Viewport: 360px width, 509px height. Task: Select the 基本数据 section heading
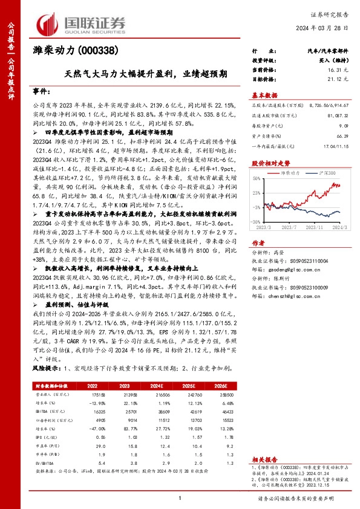[x=265, y=95]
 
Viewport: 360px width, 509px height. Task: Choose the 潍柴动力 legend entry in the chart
[x=292, y=173]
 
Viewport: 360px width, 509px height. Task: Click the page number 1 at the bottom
[x=180, y=498]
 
